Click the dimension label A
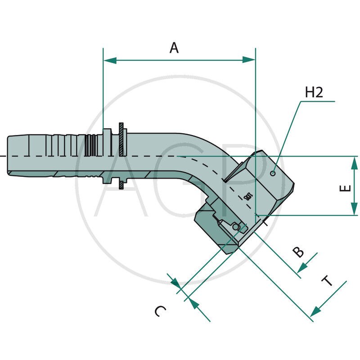pyautogui.click(x=174, y=48)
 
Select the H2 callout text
pyautogui.click(x=314, y=93)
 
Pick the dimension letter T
pyautogui.click(x=327, y=282)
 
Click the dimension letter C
pyautogui.click(x=160, y=311)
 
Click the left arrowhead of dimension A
pyautogui.click(x=109, y=60)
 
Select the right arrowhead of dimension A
pyautogui.click(x=249, y=60)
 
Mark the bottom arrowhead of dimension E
pyautogui.click(x=355, y=209)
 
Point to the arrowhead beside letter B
pyautogui.click(x=302, y=267)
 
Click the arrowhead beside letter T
pyautogui.click(x=316, y=310)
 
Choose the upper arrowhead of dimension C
pyautogui.click(x=176, y=283)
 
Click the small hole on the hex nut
pyautogui.click(x=273, y=173)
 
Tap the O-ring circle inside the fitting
pyautogui.click(x=236, y=228)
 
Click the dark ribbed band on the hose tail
pyautogui.click(x=90, y=145)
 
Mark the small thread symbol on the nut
pyautogui.click(x=247, y=196)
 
